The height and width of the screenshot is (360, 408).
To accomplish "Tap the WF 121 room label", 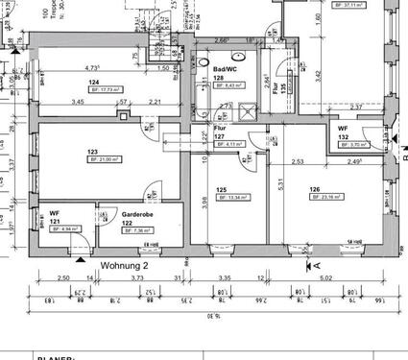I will pyautogui.click(x=56, y=217).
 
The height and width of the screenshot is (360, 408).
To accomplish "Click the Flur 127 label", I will pyautogui.click(x=220, y=132).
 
